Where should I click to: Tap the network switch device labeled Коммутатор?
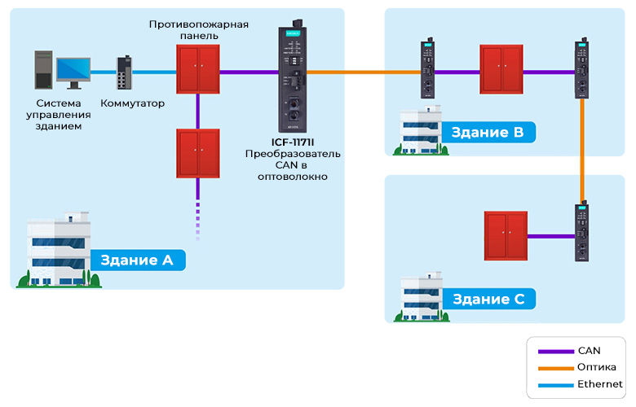[124, 74]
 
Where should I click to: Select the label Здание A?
[137, 260]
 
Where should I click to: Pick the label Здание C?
[488, 299]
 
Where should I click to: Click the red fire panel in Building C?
[506, 235]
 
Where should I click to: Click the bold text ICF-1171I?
[293, 142]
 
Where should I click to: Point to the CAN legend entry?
[588, 351]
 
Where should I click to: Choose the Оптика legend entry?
[596, 367]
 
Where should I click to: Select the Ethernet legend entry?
[599, 383]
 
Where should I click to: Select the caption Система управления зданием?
[59, 115]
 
